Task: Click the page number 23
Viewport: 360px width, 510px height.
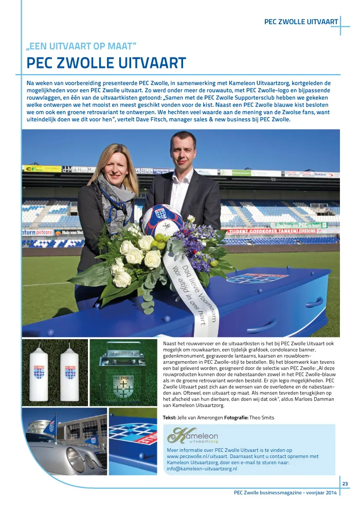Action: (345, 483)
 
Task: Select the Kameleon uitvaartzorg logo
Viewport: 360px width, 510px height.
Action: (192, 436)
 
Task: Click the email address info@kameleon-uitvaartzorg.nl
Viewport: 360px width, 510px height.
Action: (202, 469)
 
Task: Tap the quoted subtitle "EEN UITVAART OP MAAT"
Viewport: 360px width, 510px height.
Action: (81, 46)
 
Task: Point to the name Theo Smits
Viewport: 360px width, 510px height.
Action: (262, 417)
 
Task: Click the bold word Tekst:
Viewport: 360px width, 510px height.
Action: (170, 417)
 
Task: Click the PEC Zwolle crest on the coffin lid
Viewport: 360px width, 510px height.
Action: (257, 278)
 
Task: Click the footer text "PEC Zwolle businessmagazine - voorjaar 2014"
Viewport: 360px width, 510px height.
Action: (285, 493)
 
